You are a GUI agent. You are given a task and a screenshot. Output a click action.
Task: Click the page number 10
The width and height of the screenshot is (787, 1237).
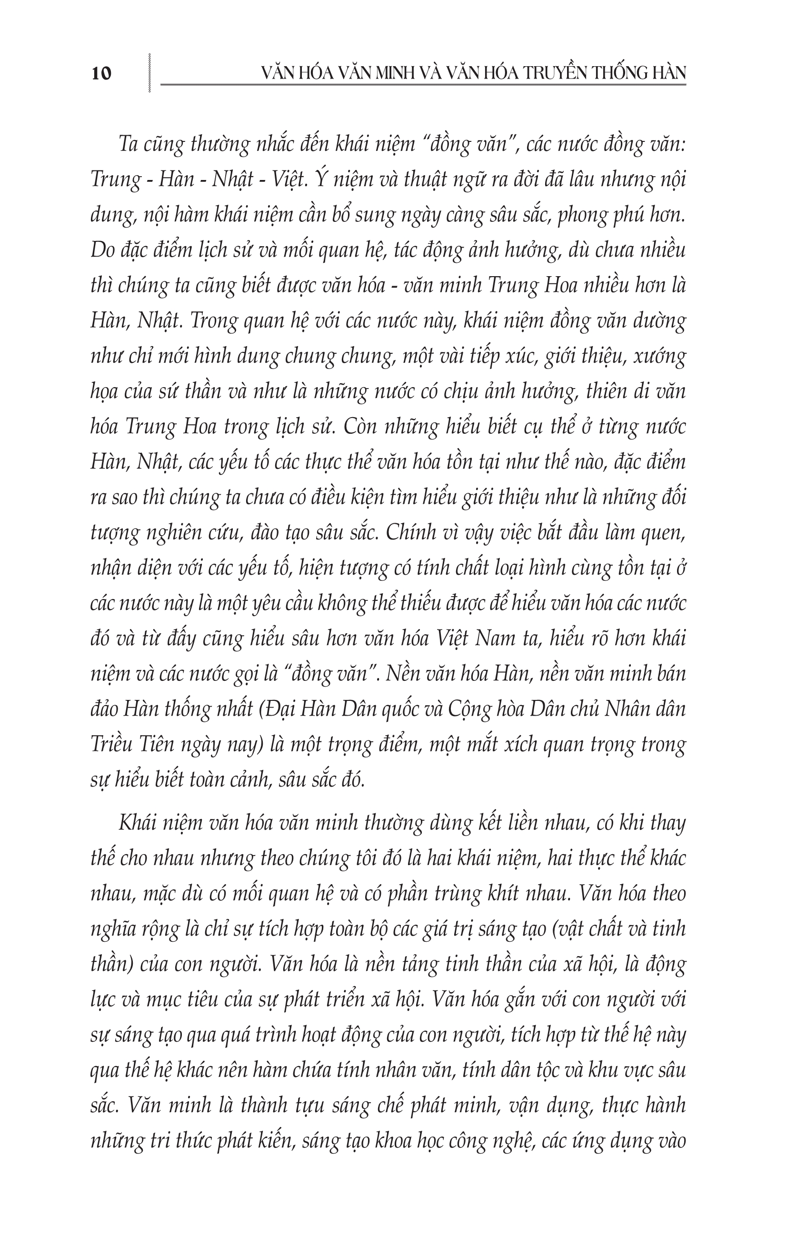pos(101,73)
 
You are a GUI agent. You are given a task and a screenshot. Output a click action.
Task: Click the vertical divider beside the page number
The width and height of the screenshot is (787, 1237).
pos(149,72)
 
